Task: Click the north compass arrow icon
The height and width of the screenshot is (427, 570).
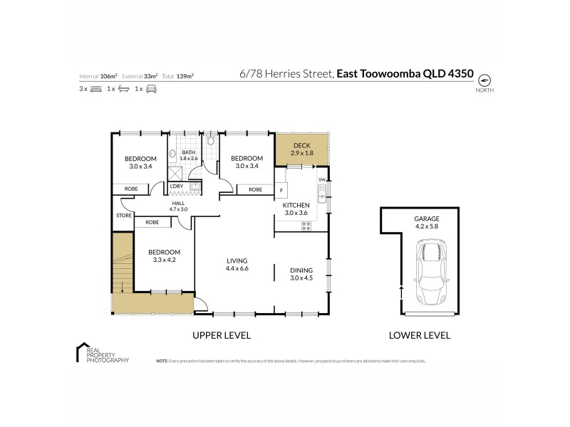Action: [x=484, y=79]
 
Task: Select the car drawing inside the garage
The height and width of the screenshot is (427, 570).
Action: [x=430, y=275]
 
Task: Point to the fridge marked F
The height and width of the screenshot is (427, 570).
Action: [x=282, y=191]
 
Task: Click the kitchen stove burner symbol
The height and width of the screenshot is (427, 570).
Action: [x=307, y=226]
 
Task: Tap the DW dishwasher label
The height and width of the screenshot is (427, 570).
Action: [x=321, y=179]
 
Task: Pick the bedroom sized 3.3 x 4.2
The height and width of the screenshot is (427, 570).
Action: [x=163, y=255]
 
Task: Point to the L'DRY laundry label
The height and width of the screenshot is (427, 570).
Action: [x=177, y=186]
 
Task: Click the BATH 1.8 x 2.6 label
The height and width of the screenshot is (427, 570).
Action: [x=188, y=154]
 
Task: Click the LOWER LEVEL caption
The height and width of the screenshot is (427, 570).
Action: [x=419, y=335]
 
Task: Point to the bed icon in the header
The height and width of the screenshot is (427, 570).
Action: [x=96, y=89]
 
